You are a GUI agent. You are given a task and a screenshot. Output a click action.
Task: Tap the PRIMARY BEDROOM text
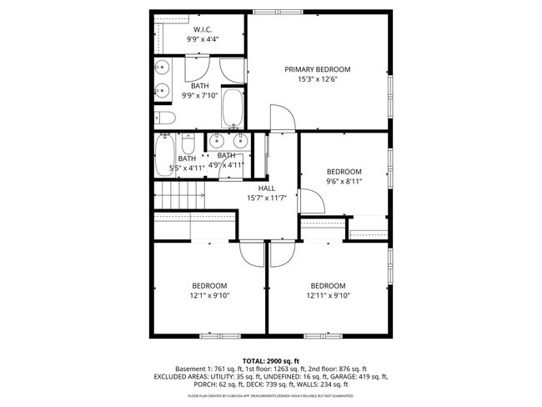click(317, 69)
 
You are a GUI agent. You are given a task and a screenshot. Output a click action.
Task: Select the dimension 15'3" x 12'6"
click(317, 81)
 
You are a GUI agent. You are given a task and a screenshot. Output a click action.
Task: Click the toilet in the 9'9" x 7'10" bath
click(165, 118)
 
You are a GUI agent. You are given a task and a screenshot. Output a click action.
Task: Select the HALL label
click(266, 188)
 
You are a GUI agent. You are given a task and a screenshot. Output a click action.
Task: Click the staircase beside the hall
click(182, 198)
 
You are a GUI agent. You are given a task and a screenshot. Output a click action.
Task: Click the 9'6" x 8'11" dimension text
click(344, 183)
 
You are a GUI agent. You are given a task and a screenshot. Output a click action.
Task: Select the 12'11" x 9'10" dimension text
click(328, 295)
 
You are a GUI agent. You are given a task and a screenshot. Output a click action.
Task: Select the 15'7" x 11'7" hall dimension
click(266, 198)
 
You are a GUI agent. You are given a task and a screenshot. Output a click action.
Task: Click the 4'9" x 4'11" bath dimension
click(226, 165)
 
